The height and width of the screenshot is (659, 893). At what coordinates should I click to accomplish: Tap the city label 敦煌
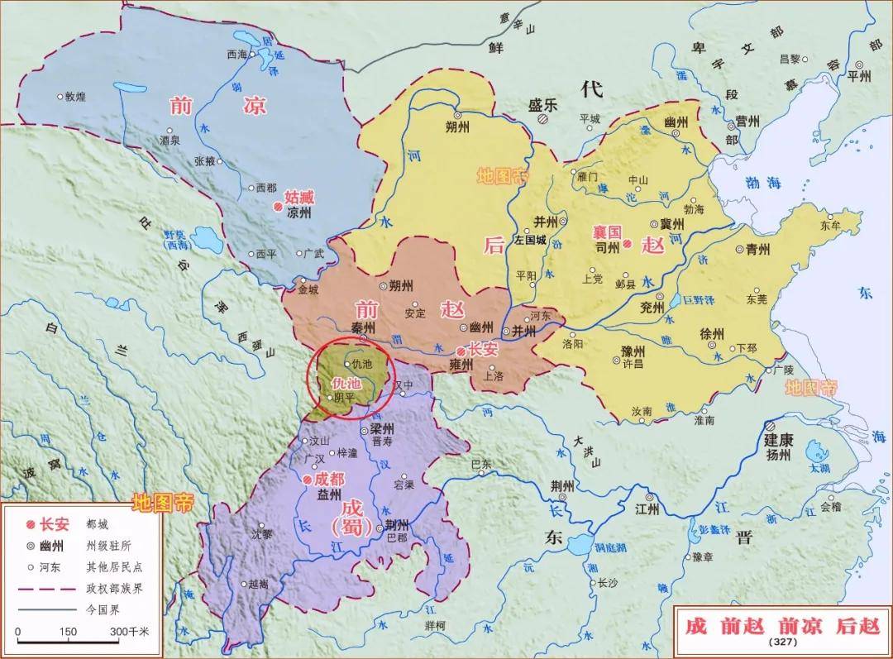tap(75, 97)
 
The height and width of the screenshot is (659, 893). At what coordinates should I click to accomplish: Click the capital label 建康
tap(779, 439)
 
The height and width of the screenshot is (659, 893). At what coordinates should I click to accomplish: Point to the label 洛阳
tap(573, 342)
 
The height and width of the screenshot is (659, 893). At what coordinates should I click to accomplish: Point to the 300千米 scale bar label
tap(131, 632)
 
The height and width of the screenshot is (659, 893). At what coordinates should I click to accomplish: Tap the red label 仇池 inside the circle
tap(346, 384)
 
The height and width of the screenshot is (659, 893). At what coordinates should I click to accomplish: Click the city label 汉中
tap(403, 385)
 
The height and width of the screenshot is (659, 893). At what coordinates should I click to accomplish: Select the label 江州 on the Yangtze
tap(648, 509)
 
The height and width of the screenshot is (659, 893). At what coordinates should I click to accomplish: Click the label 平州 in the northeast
tap(860, 75)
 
